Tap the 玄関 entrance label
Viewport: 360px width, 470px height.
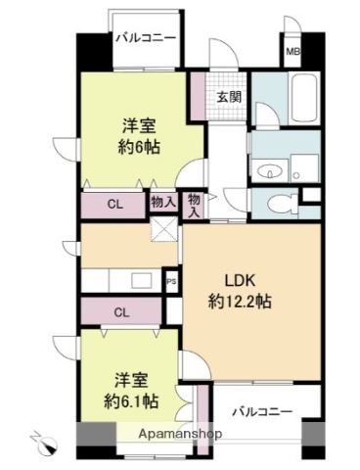230,97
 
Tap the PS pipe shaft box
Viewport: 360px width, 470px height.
171,280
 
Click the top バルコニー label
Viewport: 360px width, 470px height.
146,37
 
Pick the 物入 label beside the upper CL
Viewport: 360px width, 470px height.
164,203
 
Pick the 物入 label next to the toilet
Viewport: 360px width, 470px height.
194,204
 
